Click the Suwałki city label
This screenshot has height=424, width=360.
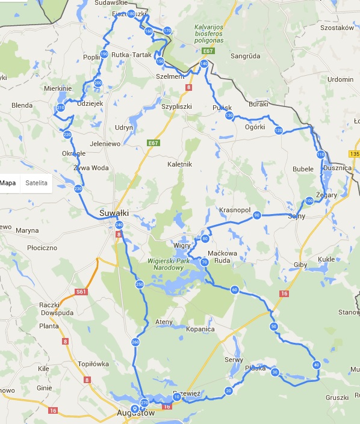113,213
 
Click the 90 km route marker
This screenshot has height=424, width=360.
257,215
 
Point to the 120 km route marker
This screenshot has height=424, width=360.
278,130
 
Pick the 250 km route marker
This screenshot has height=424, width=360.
140,284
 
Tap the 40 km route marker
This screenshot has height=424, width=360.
316,364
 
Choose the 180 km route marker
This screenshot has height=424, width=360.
131,15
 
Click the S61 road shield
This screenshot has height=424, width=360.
82,292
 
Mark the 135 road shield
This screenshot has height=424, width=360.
354,153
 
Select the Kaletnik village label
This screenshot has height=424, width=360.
179,164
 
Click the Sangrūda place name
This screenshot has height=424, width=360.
246,56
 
